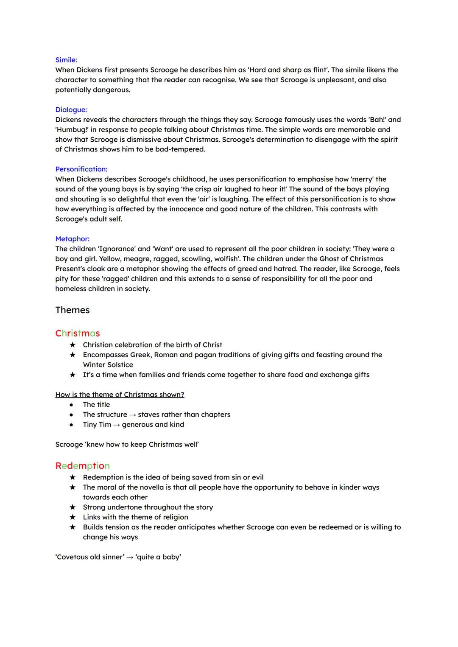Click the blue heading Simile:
66,60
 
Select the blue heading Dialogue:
71,109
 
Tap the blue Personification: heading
81,169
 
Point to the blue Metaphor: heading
72,239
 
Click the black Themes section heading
72,310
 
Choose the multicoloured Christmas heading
78,333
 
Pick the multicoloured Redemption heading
82,466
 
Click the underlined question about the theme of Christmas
120,395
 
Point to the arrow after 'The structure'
132,415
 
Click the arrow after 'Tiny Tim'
116,425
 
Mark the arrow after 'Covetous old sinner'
130,557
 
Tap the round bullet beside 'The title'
71,405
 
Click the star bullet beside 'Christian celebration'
73,345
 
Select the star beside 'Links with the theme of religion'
73,517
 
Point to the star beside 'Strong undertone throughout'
73,507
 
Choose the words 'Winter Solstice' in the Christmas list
108,365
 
